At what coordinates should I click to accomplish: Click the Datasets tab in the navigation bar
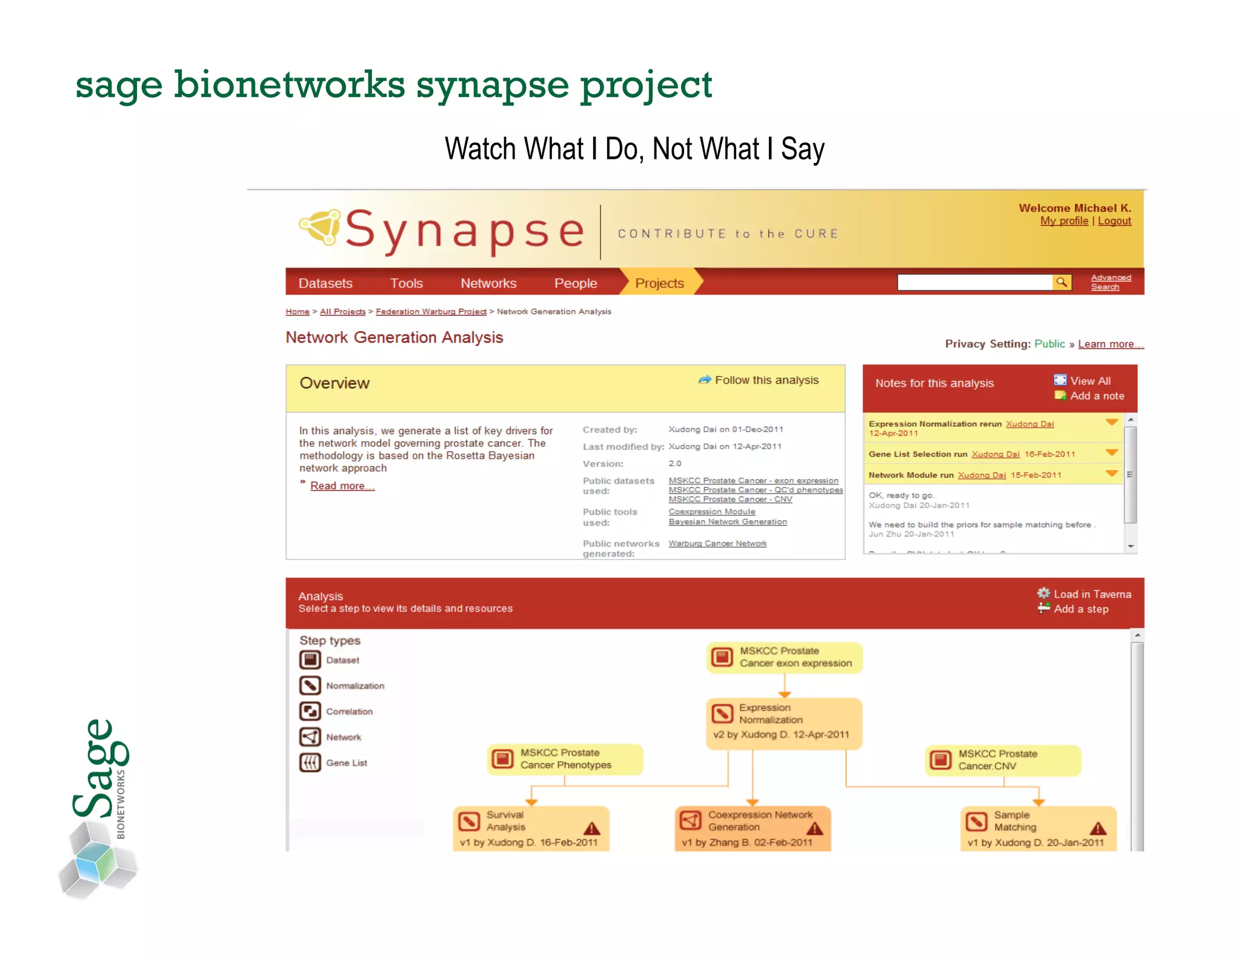tap(325, 283)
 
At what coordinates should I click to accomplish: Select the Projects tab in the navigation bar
tap(659, 283)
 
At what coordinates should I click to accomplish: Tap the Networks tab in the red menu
tap(488, 283)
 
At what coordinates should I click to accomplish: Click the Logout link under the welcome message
tap(1114, 221)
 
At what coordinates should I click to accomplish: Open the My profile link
tap(1064, 221)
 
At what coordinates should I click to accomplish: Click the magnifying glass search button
tap(1062, 282)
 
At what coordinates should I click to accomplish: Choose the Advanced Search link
tap(1111, 282)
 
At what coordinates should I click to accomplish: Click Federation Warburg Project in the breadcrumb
tap(431, 312)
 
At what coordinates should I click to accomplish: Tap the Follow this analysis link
tap(766, 380)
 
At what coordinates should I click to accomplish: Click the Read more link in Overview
tap(342, 486)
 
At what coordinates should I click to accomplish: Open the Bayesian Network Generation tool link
tap(728, 522)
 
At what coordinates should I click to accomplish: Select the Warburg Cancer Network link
tap(717, 544)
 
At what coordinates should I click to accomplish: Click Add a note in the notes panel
tap(1097, 396)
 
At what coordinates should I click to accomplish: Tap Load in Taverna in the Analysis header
tap(1092, 594)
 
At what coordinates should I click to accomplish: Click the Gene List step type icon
tap(310, 763)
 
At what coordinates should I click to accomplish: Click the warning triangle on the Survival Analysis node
tap(592, 829)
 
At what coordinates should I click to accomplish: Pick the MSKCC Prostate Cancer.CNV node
tap(1003, 760)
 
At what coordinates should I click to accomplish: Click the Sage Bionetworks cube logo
tap(97, 861)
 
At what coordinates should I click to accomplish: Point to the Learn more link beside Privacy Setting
tap(1110, 344)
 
